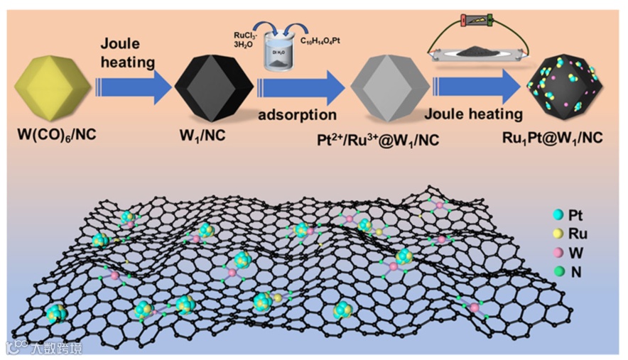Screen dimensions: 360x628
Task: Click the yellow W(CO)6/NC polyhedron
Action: [51, 87]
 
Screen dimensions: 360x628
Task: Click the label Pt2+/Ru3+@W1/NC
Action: [389, 140]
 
